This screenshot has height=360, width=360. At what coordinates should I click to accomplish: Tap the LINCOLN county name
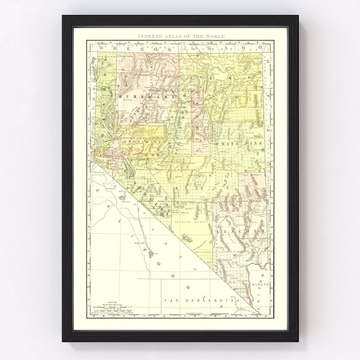tap(233, 232)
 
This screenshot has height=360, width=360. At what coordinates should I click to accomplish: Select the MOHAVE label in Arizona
tap(262, 285)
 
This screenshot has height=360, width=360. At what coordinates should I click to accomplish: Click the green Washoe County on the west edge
tap(104, 95)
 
